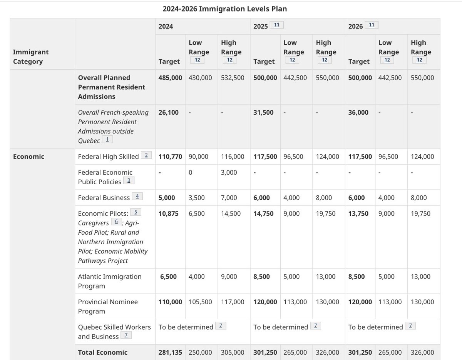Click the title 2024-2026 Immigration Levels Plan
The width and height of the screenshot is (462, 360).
[x=224, y=8]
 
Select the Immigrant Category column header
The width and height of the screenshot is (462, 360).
[x=31, y=57]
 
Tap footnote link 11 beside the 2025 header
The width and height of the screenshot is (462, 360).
[x=277, y=25]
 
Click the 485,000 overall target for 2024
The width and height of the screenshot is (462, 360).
[x=170, y=78]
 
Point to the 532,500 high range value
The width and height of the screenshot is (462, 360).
[x=233, y=78]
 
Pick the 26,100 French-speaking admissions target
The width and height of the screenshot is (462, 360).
[x=169, y=113]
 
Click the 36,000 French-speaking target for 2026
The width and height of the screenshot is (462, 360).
[x=358, y=113]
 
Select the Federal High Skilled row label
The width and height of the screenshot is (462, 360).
[x=108, y=157]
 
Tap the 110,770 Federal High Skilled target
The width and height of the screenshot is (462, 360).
[x=170, y=157]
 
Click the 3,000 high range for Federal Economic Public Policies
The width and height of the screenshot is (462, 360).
[x=229, y=172]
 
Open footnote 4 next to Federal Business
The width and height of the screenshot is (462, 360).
[x=137, y=197]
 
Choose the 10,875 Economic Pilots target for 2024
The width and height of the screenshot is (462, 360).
[x=169, y=213]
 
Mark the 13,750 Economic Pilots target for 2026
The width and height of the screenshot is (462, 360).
[x=358, y=213]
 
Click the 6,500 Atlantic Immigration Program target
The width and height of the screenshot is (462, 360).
[x=169, y=277]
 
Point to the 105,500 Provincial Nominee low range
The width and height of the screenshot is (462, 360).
[x=200, y=302]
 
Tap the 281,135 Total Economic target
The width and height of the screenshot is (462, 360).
[x=170, y=352]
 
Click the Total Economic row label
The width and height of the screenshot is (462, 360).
[x=102, y=352]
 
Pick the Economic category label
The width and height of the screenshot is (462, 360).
[x=28, y=157]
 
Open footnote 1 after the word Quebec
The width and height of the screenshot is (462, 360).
[x=107, y=140]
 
